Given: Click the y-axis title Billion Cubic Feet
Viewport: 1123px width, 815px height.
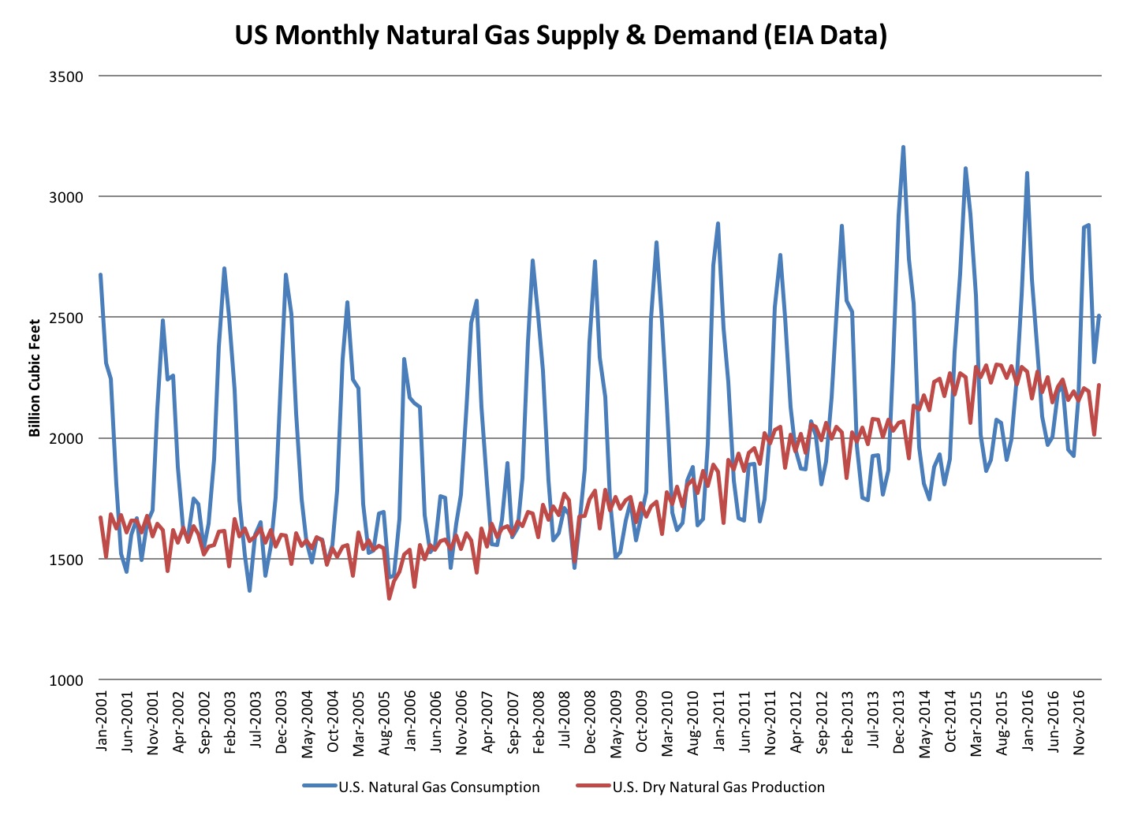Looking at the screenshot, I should click(x=35, y=378).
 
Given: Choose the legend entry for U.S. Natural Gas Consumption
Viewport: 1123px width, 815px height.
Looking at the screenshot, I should click(x=438, y=787).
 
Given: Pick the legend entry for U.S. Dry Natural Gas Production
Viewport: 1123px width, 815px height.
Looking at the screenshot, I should click(x=718, y=787).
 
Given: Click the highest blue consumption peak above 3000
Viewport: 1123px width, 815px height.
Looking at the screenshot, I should click(x=903, y=147).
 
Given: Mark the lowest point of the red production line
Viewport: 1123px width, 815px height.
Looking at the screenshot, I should click(x=390, y=598).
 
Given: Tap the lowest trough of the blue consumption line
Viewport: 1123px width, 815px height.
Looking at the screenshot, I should click(x=249, y=590).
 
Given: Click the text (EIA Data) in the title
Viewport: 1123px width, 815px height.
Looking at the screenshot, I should click(x=825, y=35).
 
